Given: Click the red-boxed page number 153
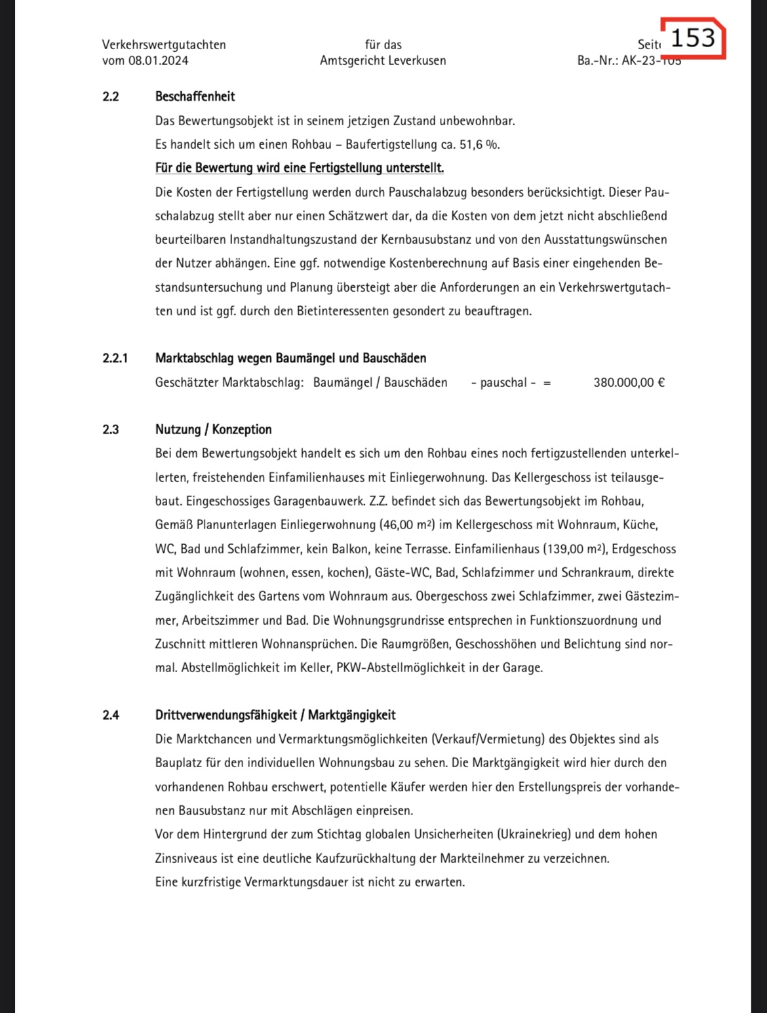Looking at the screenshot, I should [x=692, y=38].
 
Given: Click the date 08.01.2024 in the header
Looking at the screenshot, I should [x=158, y=61].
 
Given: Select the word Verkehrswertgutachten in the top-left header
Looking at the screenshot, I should [x=164, y=45].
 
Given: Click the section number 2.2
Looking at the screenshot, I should [x=111, y=97].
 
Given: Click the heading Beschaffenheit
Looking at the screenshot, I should [x=195, y=97].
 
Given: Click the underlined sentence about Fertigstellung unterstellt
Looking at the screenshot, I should [x=299, y=168].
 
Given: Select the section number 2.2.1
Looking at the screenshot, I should [x=115, y=359].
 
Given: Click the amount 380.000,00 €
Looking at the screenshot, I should [x=629, y=383].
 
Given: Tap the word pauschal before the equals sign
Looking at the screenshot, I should [x=503, y=383].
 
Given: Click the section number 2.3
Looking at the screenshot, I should [x=111, y=430].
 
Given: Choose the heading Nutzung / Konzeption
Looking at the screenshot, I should [x=213, y=430].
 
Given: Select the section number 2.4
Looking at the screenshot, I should [x=111, y=715].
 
